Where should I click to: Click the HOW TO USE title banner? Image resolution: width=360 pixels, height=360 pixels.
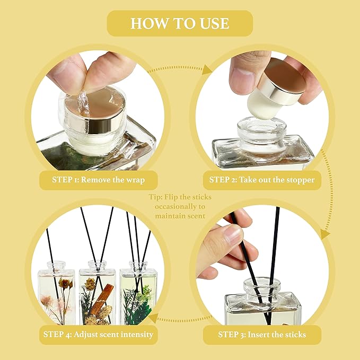(x=180, y=23)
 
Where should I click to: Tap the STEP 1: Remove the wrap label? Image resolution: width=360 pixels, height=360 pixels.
(x=98, y=179)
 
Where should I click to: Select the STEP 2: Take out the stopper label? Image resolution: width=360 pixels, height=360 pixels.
(x=261, y=179)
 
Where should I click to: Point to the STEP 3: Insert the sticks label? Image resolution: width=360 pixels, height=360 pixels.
(x=261, y=335)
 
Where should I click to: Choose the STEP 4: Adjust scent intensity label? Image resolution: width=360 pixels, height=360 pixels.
(x=98, y=335)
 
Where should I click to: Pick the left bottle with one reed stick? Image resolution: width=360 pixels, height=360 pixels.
(x=56, y=294)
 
